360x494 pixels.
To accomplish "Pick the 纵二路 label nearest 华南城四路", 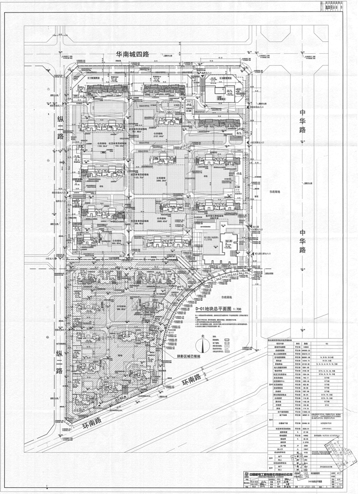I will click(59, 130).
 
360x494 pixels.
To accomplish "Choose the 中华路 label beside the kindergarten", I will click(301, 240).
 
